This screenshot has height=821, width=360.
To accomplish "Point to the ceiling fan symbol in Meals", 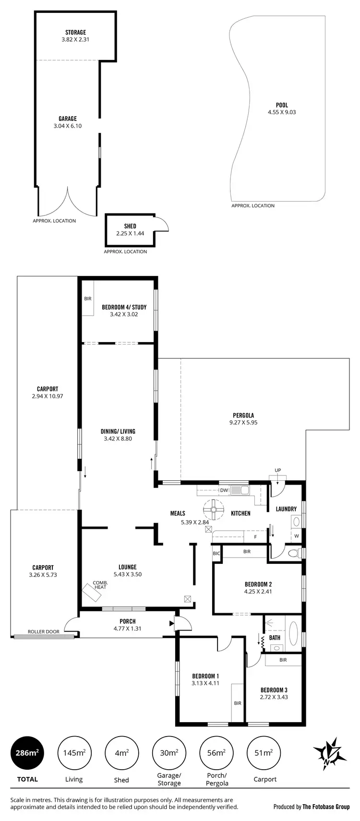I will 214,509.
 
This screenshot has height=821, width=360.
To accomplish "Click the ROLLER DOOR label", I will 44,631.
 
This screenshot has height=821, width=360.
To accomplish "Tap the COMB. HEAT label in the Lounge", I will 100,585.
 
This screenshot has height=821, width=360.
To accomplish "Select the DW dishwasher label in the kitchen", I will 224,490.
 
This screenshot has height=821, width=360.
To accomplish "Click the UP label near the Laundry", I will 277,470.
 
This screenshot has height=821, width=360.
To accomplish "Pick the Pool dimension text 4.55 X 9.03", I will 282,112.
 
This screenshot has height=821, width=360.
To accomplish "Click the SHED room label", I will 130,226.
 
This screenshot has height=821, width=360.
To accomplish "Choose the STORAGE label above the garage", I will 75,33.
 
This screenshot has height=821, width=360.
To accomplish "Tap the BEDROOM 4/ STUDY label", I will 124,307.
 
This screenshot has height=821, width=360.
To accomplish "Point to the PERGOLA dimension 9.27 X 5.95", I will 243,423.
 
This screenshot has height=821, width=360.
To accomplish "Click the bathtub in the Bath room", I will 292,633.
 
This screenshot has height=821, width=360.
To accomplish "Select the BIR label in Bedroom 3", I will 283,660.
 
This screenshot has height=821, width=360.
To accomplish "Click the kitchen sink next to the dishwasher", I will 240,490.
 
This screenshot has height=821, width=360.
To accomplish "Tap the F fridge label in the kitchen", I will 255,536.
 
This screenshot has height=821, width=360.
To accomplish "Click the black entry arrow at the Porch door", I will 171,623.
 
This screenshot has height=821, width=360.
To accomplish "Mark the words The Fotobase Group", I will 326,807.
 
